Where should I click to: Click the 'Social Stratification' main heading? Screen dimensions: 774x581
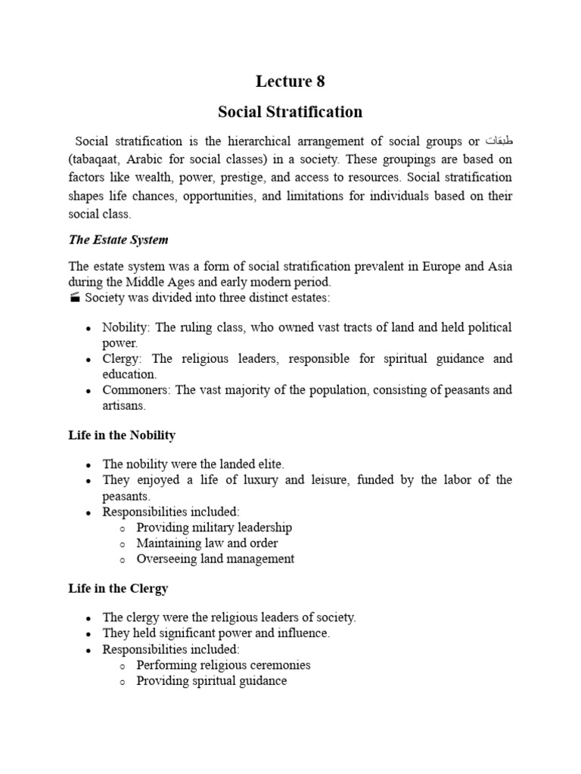point(290,112)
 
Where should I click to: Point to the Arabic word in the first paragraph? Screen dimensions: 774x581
point(498,141)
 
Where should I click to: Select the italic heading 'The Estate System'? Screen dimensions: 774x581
point(118,240)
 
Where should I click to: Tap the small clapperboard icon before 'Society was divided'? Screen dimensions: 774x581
point(74,297)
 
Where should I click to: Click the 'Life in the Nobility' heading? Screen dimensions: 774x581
point(122,435)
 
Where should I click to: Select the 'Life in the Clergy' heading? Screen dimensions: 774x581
point(118,588)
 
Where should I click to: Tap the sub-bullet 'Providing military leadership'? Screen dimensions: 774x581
point(213,527)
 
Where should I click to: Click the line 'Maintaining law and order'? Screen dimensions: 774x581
point(207,543)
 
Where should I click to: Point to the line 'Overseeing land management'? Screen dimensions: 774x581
point(215,559)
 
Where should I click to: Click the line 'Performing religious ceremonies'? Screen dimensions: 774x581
point(223,665)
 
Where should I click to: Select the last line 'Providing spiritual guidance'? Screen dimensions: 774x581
point(211,681)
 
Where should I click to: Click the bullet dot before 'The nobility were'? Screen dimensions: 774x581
point(89,465)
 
